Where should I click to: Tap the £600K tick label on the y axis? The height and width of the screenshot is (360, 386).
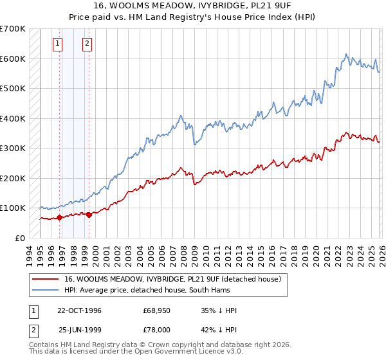(12, 59)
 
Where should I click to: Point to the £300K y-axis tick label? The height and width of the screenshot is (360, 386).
(12, 148)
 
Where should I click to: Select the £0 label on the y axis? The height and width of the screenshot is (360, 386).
(21, 238)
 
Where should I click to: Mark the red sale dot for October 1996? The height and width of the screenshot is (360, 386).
(60, 217)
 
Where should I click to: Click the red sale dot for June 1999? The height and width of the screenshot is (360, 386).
(89, 215)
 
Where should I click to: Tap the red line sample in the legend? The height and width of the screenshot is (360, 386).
(46, 279)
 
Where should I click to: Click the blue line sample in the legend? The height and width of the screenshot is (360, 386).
(46, 290)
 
